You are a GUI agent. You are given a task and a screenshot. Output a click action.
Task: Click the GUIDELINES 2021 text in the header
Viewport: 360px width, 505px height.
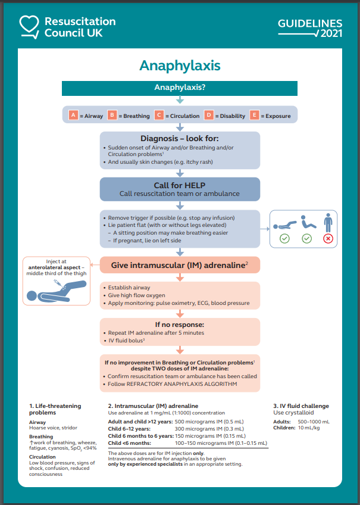coord(310,28)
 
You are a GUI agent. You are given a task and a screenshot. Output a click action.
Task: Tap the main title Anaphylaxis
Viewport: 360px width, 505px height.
coord(180,65)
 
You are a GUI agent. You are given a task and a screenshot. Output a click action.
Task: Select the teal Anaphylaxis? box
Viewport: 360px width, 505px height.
coord(180,88)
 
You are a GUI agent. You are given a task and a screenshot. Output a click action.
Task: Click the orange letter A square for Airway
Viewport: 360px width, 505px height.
coord(73,115)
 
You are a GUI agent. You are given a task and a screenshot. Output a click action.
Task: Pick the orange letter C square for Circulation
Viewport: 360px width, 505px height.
coord(159,115)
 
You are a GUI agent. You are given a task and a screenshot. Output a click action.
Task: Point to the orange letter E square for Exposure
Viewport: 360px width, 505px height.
coord(255,115)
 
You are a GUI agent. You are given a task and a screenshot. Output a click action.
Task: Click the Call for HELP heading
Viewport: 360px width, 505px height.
coord(180,185)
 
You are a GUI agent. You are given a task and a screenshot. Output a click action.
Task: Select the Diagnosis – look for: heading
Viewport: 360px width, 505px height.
coord(180,138)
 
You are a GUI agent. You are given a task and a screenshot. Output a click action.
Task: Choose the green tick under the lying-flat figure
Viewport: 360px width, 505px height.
coord(285,238)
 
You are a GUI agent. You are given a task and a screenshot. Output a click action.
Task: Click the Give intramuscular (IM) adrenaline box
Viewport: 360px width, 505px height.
coord(180,265)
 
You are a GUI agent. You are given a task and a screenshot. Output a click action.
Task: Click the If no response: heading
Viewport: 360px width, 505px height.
coord(180,325)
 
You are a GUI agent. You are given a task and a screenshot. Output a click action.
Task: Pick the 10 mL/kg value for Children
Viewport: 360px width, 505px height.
coord(308,428)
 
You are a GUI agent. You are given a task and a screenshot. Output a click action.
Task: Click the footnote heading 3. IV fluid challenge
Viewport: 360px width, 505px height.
coord(300,406)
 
